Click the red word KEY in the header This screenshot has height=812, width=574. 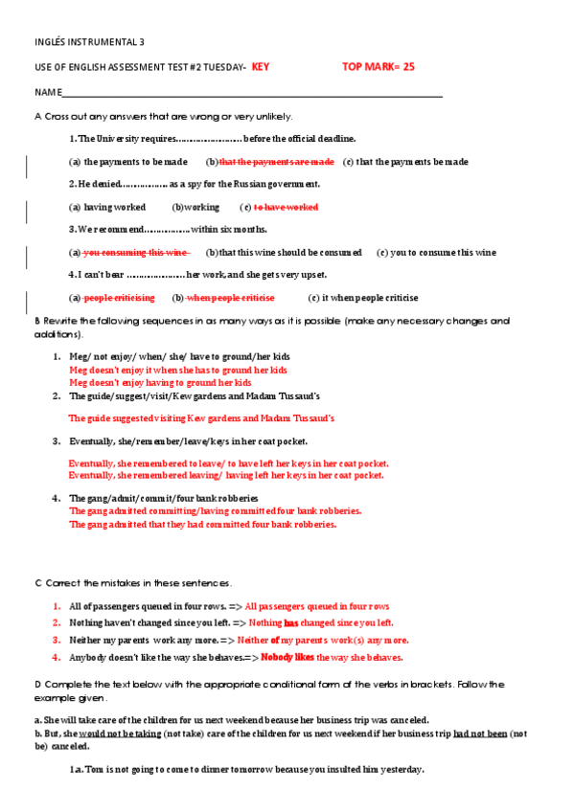click(261, 67)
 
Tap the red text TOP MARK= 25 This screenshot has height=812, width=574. click(379, 67)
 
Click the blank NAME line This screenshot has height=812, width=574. click(249, 93)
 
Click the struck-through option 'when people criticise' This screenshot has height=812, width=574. click(231, 298)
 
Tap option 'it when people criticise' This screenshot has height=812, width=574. click(370, 298)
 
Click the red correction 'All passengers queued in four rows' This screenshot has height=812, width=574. click(317, 606)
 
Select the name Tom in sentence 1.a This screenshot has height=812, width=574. click(94, 770)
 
